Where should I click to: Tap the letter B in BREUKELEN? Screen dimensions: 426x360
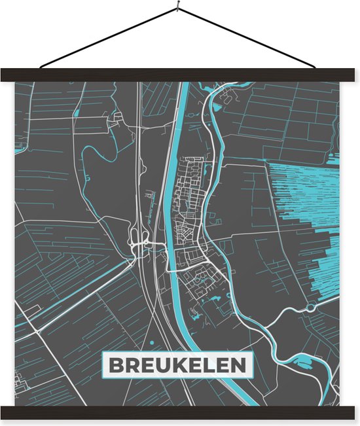coord(116,364)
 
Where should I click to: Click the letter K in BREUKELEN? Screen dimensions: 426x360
coord(177,364)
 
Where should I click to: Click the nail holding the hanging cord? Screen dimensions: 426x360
coord(177,8)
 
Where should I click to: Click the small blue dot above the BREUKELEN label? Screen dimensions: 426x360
coord(151,342)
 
